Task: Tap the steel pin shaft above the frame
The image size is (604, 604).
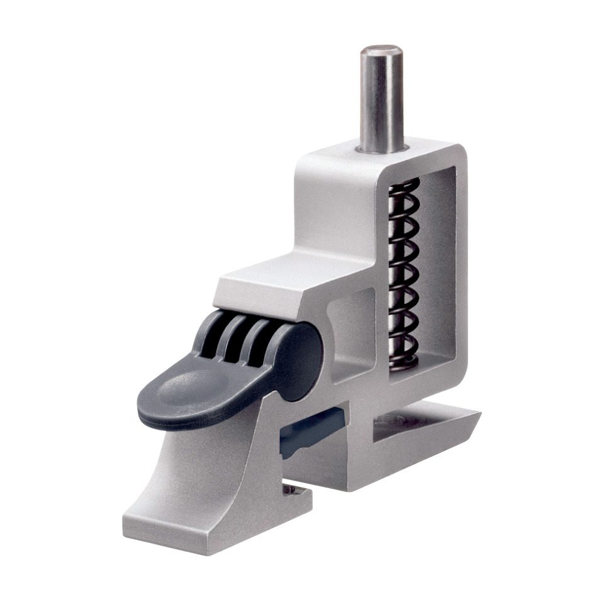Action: point(381,101)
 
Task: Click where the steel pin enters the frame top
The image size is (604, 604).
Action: point(381,149)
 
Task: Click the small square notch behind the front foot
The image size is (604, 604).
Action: point(291,488)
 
